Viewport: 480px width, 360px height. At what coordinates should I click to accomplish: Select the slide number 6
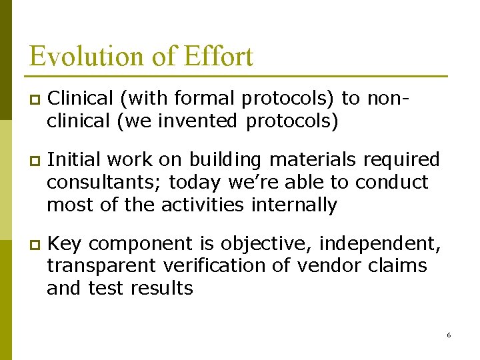pos(449,335)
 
